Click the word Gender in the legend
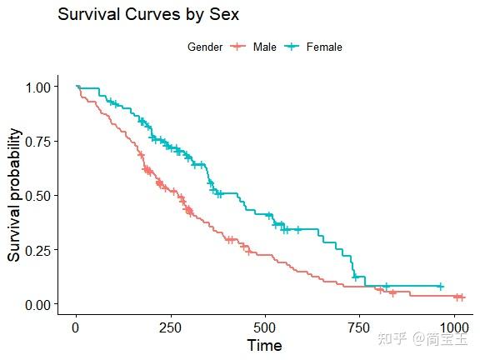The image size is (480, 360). (205, 47)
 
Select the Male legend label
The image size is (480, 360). (265, 47)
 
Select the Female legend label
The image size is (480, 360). (324, 47)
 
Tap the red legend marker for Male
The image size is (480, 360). (239, 47)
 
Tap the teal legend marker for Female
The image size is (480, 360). (293, 47)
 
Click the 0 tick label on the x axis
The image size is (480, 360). (76, 326)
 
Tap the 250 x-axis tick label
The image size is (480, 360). (171, 326)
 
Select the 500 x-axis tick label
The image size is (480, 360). (265, 326)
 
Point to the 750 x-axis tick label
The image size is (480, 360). (360, 326)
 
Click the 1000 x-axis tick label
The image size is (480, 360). (454, 326)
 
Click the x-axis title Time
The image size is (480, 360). (264, 345)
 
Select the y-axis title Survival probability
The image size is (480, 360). (14, 195)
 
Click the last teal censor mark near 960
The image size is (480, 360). (441, 287)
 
